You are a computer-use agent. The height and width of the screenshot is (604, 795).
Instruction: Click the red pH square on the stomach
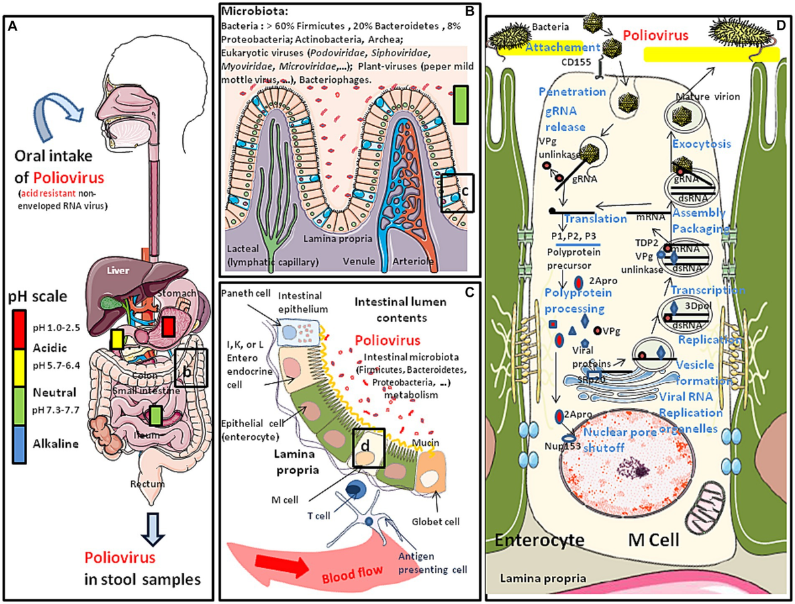[169, 327]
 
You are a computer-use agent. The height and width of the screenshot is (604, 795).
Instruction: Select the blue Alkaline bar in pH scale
[19, 444]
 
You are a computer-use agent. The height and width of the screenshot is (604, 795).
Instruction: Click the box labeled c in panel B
[459, 192]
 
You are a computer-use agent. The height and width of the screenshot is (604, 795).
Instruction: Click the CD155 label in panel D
[570, 65]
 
